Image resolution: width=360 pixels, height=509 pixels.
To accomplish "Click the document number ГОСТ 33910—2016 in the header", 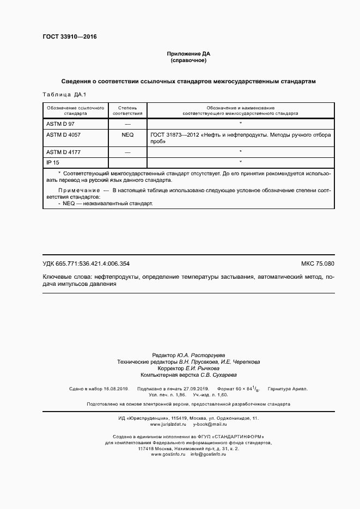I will point(69,38).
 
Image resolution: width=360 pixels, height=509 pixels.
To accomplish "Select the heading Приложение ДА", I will point(188,54).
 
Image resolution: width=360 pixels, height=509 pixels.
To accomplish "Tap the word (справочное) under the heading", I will point(188,61).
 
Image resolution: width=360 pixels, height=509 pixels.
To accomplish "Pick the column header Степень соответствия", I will point(127,111).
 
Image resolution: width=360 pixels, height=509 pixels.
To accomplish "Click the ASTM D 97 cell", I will point(60,125).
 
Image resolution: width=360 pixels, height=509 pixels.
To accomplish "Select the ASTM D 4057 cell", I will point(63,134).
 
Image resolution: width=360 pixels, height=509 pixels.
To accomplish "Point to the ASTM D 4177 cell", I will point(63,152).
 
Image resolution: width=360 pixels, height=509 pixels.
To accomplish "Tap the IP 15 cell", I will point(53,162).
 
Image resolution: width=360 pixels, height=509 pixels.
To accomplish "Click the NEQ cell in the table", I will point(127,134).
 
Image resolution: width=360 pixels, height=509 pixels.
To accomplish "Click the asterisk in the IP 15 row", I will point(240,162).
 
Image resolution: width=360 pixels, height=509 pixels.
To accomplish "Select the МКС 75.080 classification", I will point(318,264).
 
